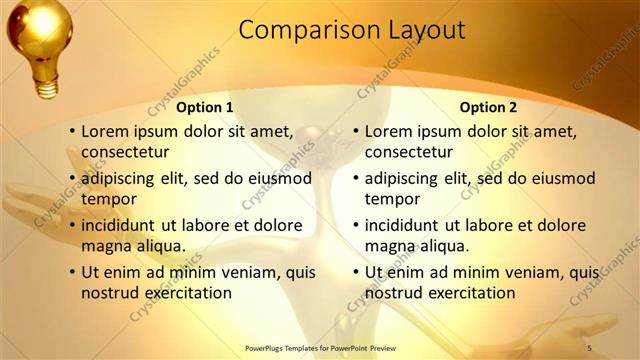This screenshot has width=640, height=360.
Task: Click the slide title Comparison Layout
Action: point(352,30)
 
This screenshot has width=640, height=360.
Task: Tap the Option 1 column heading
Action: point(205,107)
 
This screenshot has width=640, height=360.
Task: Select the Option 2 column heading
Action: point(489,107)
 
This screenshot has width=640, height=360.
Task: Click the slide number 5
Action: point(590,346)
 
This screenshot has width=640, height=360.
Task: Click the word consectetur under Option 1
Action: point(125,152)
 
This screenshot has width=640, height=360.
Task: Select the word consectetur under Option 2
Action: point(409,152)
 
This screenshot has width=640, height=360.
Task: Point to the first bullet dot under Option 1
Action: point(72,131)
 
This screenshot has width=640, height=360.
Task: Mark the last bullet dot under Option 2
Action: point(356,272)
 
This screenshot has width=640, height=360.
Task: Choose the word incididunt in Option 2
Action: point(407,225)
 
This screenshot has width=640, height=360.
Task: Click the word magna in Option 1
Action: point(105,245)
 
